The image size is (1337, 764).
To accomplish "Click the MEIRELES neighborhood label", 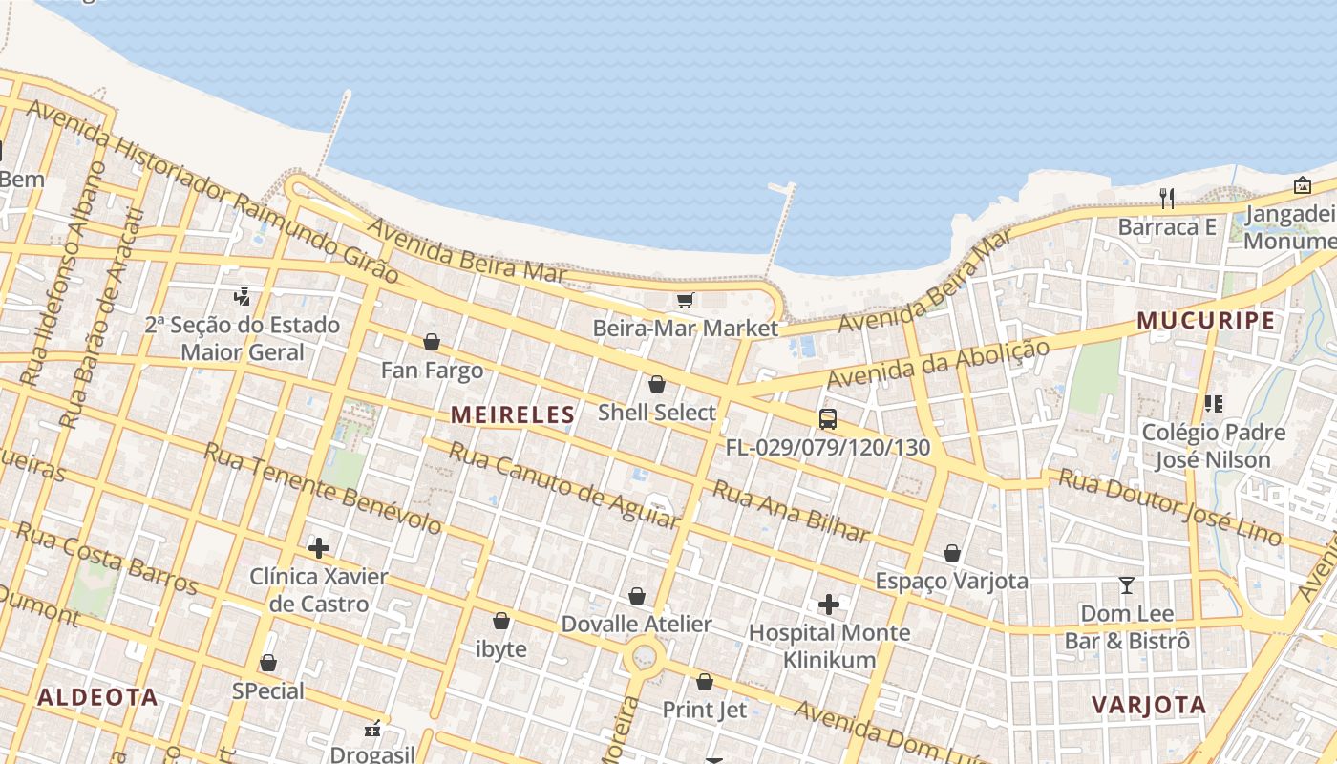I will [513, 414].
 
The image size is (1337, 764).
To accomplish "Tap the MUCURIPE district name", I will [1206, 320].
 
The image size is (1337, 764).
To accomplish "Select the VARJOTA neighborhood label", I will [1149, 705].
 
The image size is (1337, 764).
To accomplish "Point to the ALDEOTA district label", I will [97, 696].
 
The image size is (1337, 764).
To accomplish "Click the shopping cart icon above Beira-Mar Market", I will [685, 302].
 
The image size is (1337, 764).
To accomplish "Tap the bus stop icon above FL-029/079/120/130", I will [828, 419].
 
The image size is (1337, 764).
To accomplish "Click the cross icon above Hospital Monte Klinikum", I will [829, 605].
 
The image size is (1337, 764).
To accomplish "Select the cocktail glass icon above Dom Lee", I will [1127, 584].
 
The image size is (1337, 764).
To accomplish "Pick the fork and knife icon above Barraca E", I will [1166, 199].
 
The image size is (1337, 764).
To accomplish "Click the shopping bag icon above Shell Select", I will [657, 385].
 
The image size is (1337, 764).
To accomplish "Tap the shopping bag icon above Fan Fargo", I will [432, 342].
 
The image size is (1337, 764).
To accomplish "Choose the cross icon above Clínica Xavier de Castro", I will [319, 548].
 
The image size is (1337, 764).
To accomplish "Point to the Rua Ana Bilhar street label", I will [792, 512].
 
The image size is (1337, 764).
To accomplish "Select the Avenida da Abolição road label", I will [938, 364].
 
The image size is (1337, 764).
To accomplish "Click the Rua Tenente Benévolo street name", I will [323, 489].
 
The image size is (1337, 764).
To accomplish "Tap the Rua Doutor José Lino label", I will [1170, 507].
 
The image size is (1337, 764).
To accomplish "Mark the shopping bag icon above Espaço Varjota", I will [952, 553].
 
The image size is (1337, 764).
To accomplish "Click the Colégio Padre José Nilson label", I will [1213, 446].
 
